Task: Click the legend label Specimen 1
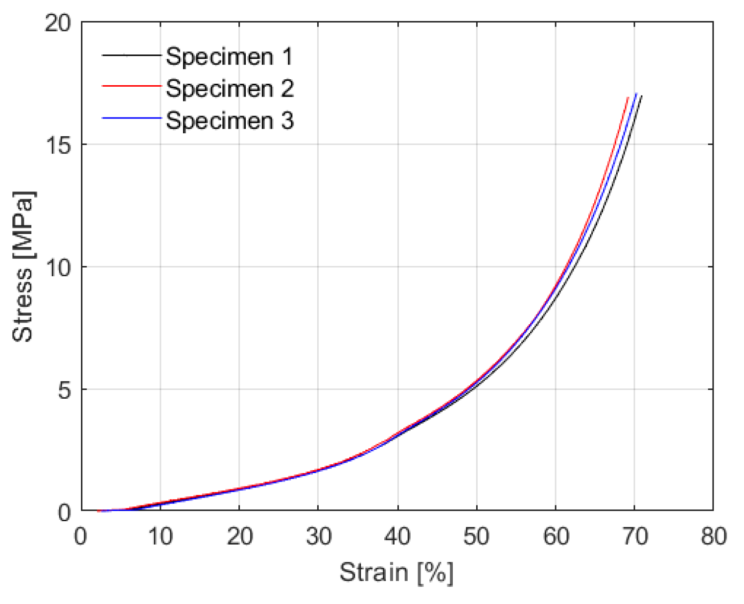point(229,56)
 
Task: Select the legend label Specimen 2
point(229,88)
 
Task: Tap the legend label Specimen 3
point(229,121)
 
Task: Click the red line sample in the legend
point(131,86)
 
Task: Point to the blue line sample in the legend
point(131,118)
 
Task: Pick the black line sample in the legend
point(131,55)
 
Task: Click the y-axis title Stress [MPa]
point(23,266)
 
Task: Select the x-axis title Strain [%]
point(396,572)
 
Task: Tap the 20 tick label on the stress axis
point(58,23)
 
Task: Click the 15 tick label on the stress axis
point(58,145)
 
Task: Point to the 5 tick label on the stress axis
point(64,390)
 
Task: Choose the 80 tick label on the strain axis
point(713,536)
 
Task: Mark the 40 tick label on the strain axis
point(397,536)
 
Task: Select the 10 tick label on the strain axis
point(160,536)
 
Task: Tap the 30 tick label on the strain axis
point(318,536)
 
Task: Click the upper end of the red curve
point(628,98)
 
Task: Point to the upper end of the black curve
point(641,96)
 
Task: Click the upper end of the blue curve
point(636,94)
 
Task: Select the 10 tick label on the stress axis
point(58,267)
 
